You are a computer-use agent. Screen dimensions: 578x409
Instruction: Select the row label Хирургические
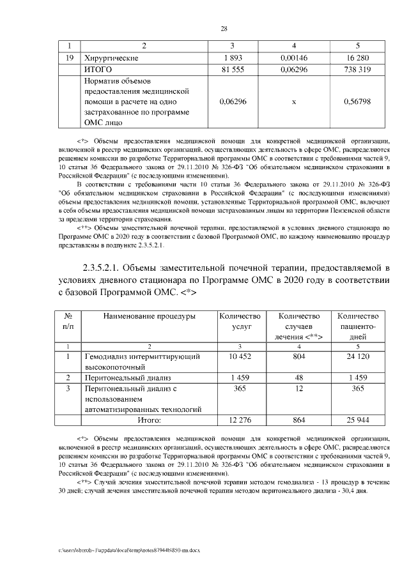click(111, 57)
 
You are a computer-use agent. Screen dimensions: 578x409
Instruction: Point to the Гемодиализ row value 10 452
click(240, 356)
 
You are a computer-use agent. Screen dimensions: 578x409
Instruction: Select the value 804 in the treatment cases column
click(298, 356)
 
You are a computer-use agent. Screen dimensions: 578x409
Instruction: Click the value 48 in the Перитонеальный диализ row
click(298, 377)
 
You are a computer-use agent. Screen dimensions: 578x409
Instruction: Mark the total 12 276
click(240, 420)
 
